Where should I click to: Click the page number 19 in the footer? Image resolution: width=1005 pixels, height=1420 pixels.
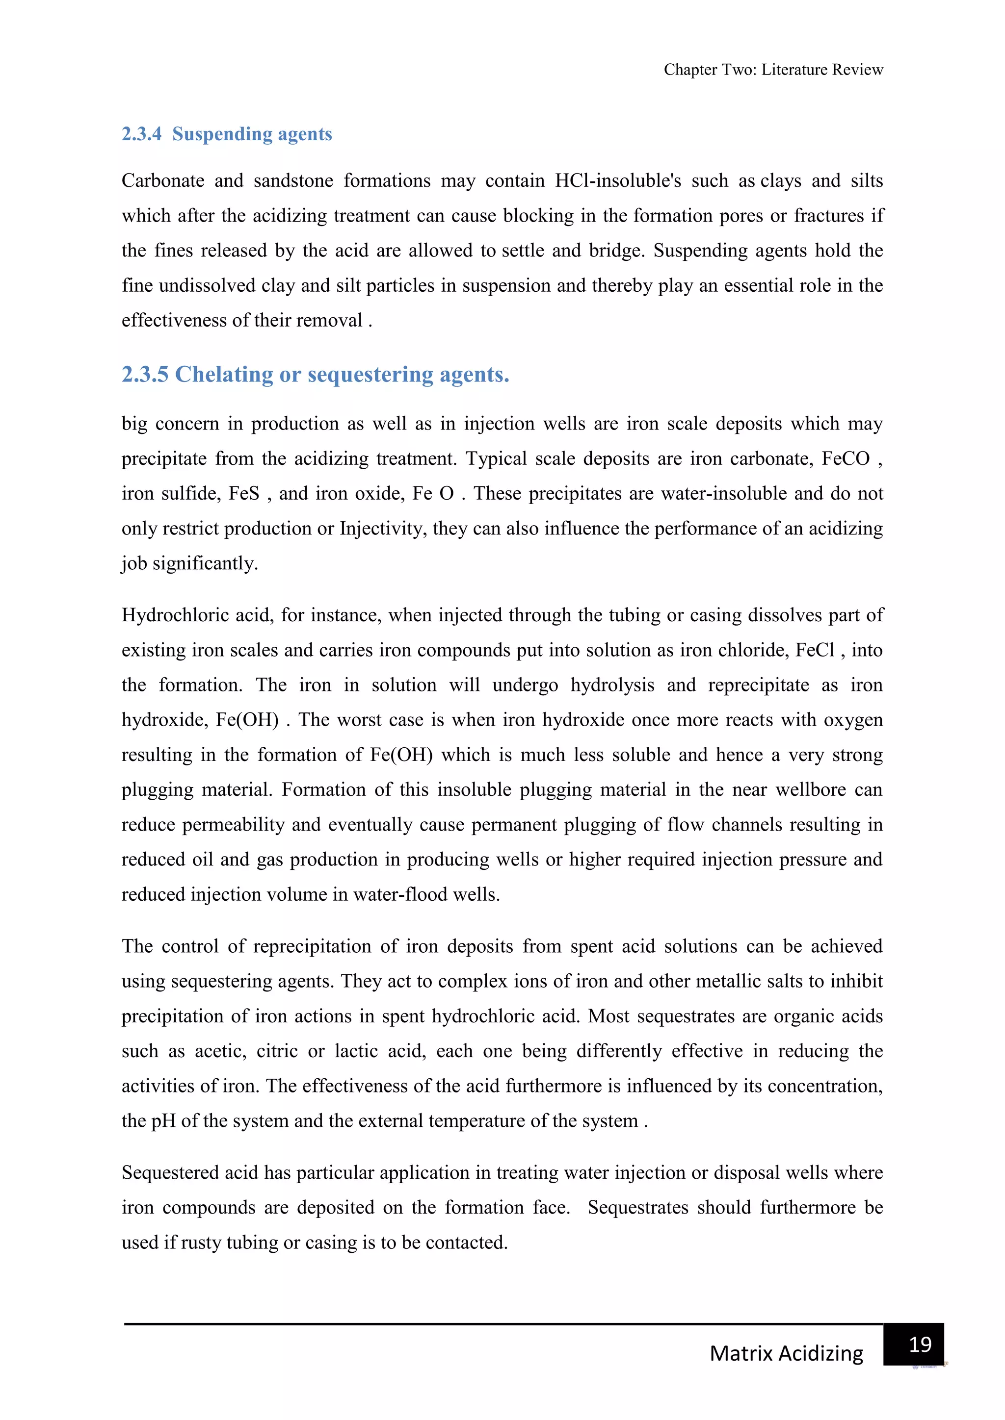[x=920, y=1344]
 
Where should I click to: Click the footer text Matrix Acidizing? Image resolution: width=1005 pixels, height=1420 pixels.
[x=786, y=1353]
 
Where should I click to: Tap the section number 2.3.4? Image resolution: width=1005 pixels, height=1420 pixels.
[x=141, y=134]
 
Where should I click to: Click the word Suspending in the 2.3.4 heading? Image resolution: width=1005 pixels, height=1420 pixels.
[x=213, y=134]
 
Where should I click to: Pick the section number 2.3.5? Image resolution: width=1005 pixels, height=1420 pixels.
[x=145, y=374]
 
